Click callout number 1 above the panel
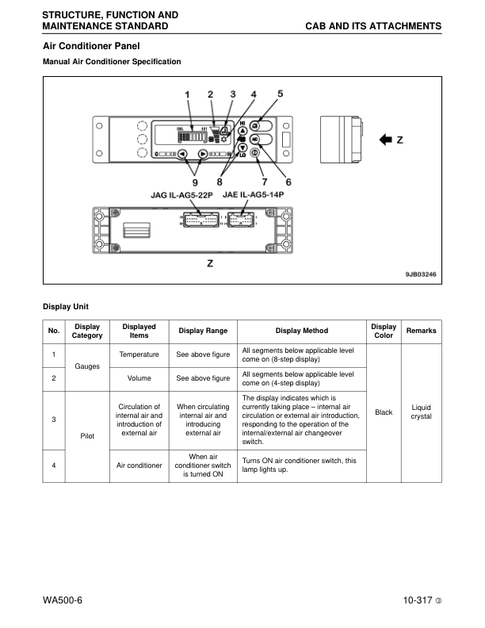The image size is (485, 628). (x=188, y=95)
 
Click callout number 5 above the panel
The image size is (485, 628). (x=280, y=94)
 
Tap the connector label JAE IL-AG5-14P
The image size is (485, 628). (x=254, y=194)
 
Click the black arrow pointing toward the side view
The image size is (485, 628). (x=386, y=140)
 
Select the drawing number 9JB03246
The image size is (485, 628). (x=420, y=274)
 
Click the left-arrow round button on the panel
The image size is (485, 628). (x=182, y=155)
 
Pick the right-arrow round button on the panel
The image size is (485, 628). (x=203, y=155)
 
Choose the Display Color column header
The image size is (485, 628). (x=384, y=331)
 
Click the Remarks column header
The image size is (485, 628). (x=421, y=331)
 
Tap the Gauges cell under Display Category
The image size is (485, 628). (x=87, y=366)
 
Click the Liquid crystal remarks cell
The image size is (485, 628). (x=421, y=412)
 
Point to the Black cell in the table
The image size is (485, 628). (x=384, y=412)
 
